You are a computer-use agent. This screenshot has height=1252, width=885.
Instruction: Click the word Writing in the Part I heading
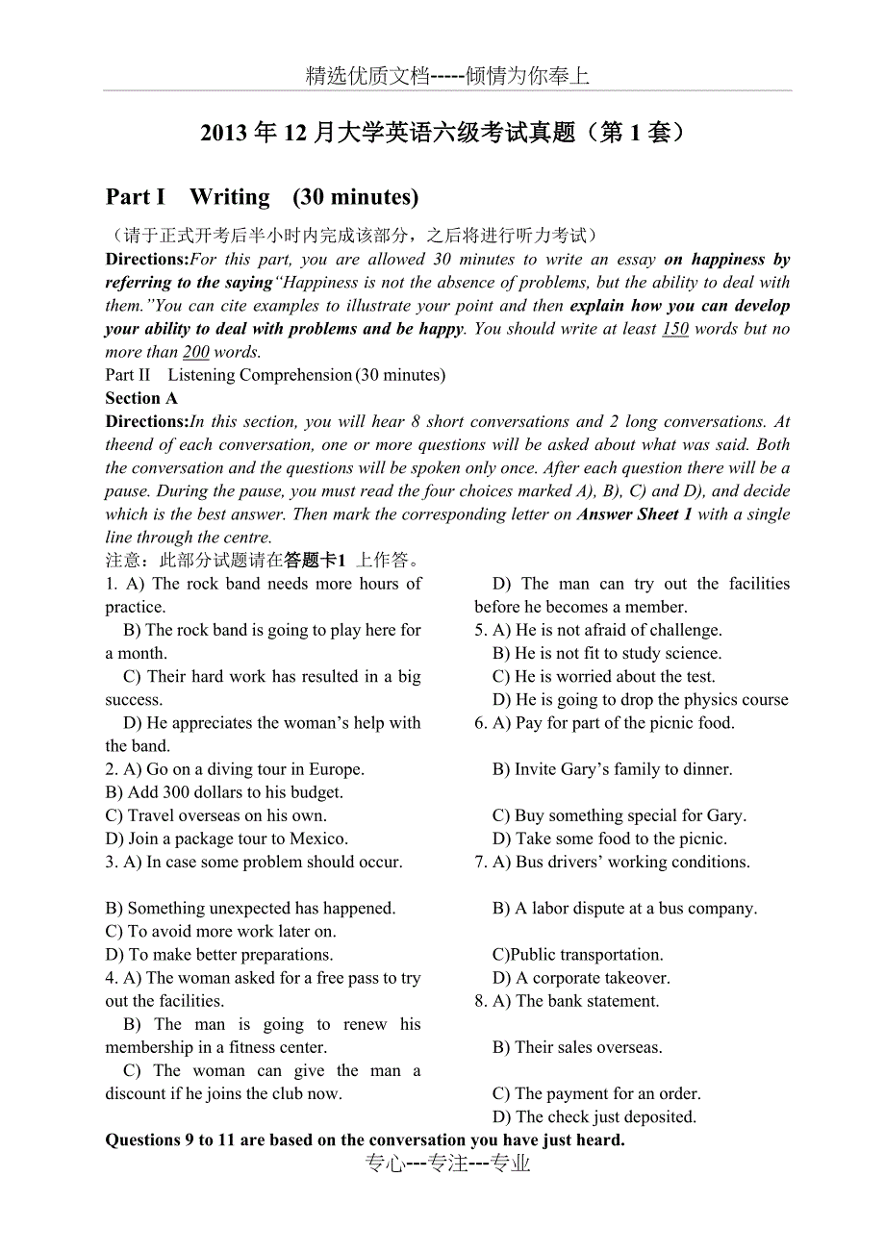click(x=230, y=197)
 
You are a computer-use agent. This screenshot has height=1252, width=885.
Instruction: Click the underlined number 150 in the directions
click(x=675, y=329)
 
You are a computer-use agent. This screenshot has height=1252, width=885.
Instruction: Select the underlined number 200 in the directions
click(x=195, y=352)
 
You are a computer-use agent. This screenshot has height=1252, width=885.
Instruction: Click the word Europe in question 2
click(x=336, y=769)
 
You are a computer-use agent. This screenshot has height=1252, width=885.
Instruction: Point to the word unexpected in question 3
click(x=243, y=908)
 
